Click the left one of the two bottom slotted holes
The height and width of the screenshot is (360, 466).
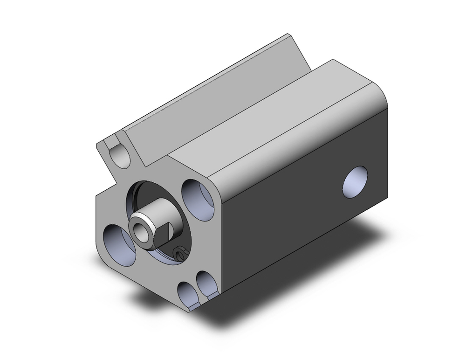[x=187, y=294]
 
